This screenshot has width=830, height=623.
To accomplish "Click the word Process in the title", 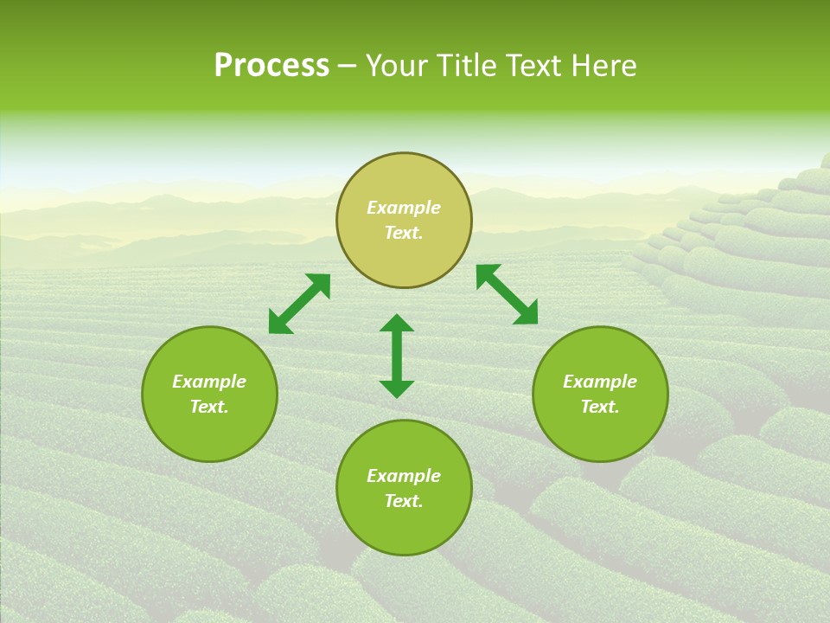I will coord(271,66).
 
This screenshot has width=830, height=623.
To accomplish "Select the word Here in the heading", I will coord(603,66).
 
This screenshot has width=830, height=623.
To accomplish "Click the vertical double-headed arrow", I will coord(397,356).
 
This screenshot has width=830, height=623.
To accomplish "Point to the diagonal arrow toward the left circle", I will coord(299,304).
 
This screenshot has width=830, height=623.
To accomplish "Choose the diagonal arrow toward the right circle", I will coord(507,294).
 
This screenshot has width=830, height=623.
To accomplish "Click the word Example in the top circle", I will coord(404,208).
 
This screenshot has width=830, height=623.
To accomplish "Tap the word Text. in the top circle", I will coord(404,233).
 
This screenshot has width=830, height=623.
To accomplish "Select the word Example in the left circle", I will coord(209,382).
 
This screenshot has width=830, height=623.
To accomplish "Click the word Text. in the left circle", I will coord(209,407).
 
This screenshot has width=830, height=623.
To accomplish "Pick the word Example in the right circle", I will coord(600,382).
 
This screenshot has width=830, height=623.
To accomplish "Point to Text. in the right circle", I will coord(600,407).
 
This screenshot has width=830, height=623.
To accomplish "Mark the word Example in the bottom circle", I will coord(404,476).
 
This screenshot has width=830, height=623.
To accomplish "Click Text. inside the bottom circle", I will coord(404,501).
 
